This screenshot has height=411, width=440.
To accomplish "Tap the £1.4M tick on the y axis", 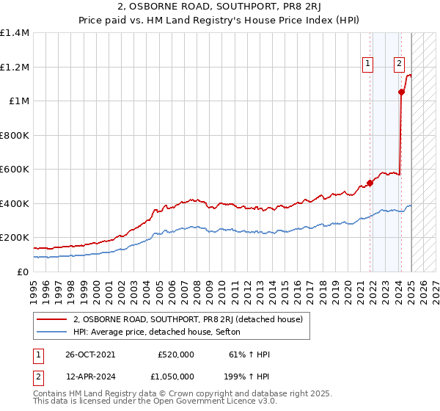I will pyautogui.click(x=14, y=33).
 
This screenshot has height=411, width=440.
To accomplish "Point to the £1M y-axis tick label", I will pyautogui.click(x=18, y=101).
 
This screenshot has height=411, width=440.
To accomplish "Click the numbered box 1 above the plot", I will pyautogui.click(x=367, y=64).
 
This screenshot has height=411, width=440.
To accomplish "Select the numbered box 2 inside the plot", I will pyautogui.click(x=399, y=64).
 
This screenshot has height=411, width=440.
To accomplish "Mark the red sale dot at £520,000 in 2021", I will pyautogui.click(x=370, y=183).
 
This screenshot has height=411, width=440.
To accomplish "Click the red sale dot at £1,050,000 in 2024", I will pyautogui.click(x=401, y=92).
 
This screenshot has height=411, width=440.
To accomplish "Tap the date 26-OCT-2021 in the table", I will pyautogui.click(x=91, y=354).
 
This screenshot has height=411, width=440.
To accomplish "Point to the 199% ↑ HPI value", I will pyautogui.click(x=247, y=377).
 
